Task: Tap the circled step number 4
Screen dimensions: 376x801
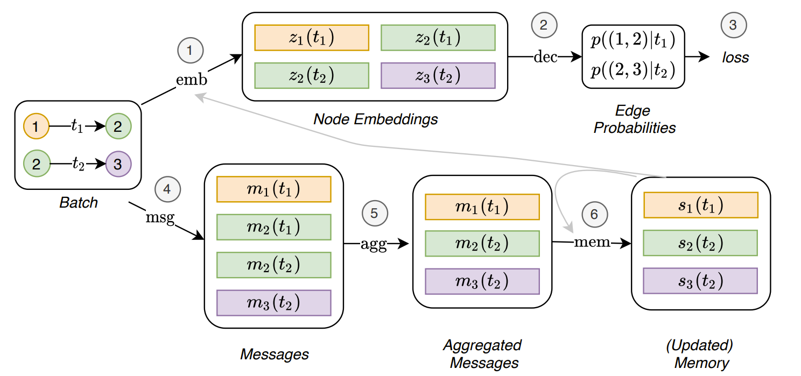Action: coord(167,189)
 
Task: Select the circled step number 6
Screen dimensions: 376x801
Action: coord(594,214)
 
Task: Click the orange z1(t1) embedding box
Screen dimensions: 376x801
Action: coord(311,37)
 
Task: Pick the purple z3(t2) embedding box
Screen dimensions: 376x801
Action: coord(438,75)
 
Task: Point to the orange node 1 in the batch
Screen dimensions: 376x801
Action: coord(36,127)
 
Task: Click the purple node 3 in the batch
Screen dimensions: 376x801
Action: coord(118,164)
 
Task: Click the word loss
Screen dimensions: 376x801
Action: coord(735,57)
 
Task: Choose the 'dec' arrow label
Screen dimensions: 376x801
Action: coord(545,56)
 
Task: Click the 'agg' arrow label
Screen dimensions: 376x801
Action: coord(373,245)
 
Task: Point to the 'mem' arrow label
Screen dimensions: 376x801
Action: coord(592,242)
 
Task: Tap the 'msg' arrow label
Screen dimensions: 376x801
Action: coord(160,219)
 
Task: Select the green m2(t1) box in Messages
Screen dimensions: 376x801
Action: coord(273,227)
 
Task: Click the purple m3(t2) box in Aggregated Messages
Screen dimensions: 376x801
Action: coord(482,281)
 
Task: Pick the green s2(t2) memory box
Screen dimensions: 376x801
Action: coord(700,243)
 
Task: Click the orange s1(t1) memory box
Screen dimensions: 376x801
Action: coord(700,204)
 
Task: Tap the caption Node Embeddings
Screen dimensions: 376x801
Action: coord(375,119)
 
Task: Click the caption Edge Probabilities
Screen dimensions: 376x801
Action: coord(635,119)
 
